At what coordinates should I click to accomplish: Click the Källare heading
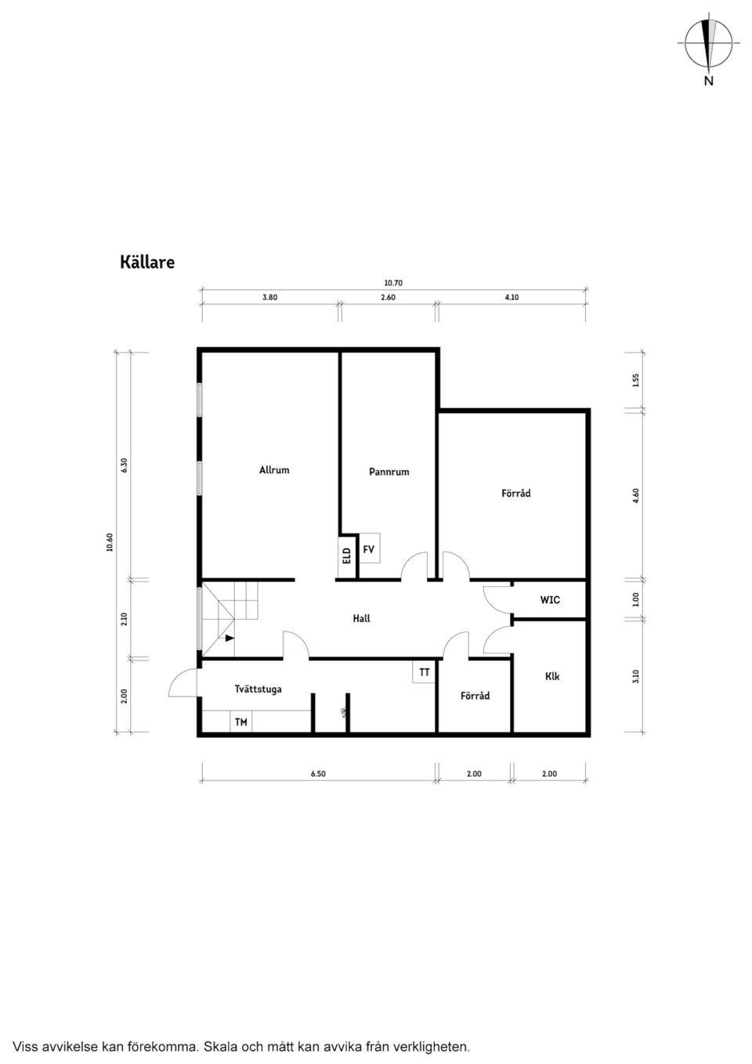click(147, 262)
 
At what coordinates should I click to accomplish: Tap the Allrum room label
click(274, 470)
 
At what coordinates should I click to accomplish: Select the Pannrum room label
click(389, 472)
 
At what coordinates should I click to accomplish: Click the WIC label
click(550, 599)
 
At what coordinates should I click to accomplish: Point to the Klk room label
click(551, 676)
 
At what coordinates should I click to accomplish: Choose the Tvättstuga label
click(258, 689)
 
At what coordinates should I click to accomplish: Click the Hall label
click(361, 618)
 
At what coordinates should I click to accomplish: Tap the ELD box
click(347, 556)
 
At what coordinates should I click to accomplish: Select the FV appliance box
click(369, 548)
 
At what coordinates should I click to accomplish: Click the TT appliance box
click(424, 672)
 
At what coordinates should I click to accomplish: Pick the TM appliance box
click(241, 722)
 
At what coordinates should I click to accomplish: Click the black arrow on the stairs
click(230, 639)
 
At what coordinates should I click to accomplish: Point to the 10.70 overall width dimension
click(393, 283)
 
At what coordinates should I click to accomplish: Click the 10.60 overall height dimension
click(110, 542)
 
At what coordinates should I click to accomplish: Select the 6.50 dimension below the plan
click(318, 774)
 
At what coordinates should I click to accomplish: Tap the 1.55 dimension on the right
click(636, 381)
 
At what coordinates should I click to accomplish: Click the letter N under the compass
click(708, 81)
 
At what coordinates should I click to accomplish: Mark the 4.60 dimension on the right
click(636, 495)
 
